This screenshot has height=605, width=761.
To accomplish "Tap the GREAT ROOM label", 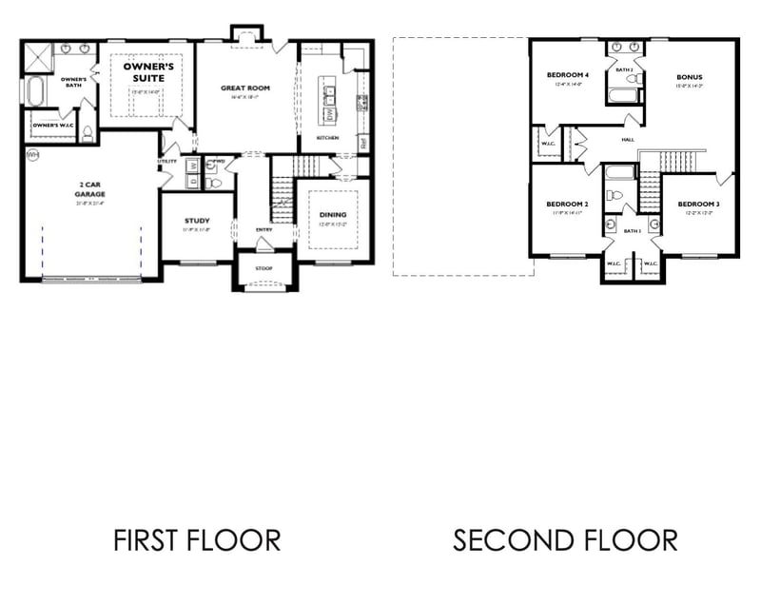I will [x=245, y=88].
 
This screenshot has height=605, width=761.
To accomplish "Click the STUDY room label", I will [x=197, y=221].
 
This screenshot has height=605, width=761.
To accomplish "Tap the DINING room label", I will [x=332, y=215].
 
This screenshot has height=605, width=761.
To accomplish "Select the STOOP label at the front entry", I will [x=264, y=268].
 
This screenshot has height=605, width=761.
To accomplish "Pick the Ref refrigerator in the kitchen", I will [x=362, y=142].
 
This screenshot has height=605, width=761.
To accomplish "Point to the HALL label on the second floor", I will [x=628, y=140].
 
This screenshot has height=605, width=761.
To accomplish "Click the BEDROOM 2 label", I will [x=566, y=205].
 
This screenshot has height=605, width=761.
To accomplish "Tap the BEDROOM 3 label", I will [x=697, y=205].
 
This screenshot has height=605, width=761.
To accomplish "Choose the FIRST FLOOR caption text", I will [x=197, y=540].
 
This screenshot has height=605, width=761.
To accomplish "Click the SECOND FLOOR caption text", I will [x=565, y=540].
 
